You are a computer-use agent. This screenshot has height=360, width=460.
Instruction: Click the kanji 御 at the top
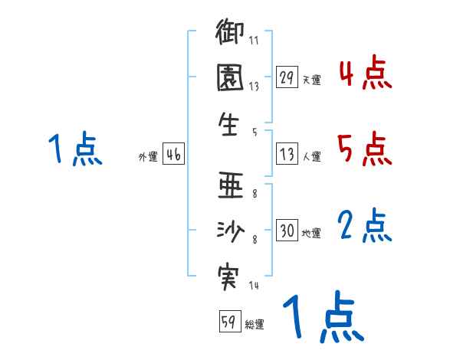(x=231, y=35)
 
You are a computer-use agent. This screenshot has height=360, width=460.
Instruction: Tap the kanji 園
(x=231, y=79)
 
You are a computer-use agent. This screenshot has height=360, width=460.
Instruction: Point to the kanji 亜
(x=231, y=186)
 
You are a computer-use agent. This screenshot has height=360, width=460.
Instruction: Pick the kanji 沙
(x=231, y=230)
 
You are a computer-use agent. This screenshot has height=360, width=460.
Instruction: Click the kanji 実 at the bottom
(x=231, y=274)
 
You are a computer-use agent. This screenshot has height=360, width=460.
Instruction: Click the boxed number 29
(x=287, y=77)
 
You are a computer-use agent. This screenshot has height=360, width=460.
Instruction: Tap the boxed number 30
(x=287, y=231)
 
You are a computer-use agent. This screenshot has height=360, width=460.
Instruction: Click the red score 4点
(x=364, y=75)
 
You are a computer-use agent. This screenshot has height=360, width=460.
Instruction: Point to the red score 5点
(x=364, y=149)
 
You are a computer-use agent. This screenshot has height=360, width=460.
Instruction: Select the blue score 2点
(x=364, y=227)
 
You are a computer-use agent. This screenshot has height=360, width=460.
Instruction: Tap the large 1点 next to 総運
(x=322, y=318)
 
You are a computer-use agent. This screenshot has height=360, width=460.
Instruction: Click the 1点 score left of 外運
(x=75, y=149)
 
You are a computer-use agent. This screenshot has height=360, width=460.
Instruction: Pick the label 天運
(x=311, y=80)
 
